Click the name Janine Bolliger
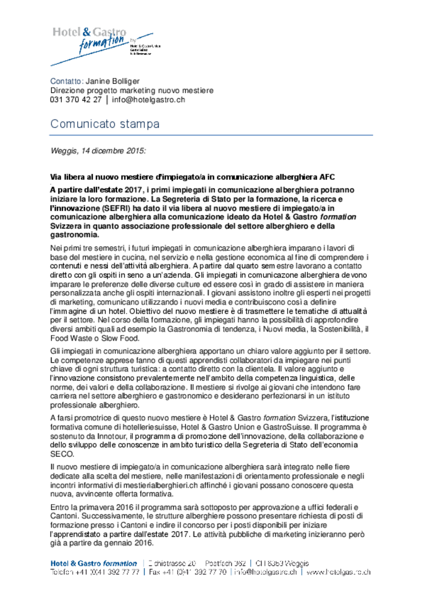pyautogui.click(x=112, y=81)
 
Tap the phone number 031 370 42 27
pyautogui.click(x=76, y=100)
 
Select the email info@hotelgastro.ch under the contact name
pyautogui.click(x=148, y=100)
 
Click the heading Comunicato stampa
pyautogui.click(x=105, y=124)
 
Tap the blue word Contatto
pyautogui.click(x=66, y=81)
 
